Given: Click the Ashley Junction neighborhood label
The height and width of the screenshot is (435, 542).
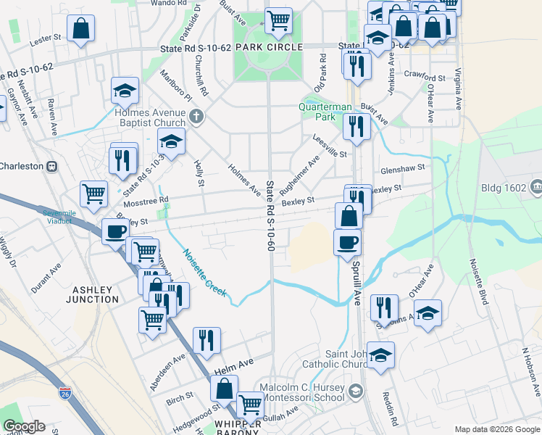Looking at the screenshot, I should tap(94, 294).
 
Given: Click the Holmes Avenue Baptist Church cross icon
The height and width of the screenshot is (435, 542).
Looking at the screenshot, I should tap(195, 116).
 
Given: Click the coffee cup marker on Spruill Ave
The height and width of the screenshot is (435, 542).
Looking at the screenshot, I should tap(347, 241).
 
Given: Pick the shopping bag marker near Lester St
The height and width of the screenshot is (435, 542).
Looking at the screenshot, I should tap(80, 30).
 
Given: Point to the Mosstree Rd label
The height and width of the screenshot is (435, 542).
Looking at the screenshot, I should tap(144, 199).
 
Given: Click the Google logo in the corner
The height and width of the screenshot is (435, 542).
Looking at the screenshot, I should tap(24, 426).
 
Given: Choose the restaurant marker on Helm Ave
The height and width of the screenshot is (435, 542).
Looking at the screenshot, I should tap(207, 339).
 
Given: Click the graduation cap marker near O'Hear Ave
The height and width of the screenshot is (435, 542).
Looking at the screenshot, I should tap(428, 312).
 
